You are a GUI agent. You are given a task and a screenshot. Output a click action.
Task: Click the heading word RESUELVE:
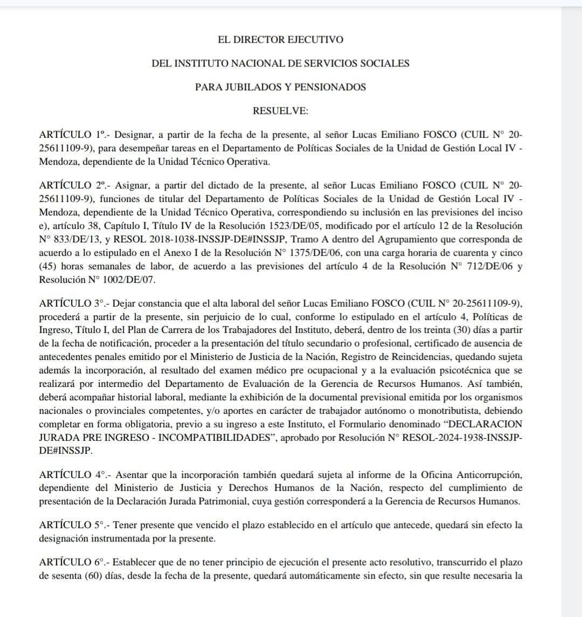[280, 110]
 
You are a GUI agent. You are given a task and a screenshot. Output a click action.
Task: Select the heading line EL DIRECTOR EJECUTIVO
[280, 39]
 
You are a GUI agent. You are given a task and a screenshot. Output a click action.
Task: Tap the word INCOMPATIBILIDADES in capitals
[215, 438]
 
